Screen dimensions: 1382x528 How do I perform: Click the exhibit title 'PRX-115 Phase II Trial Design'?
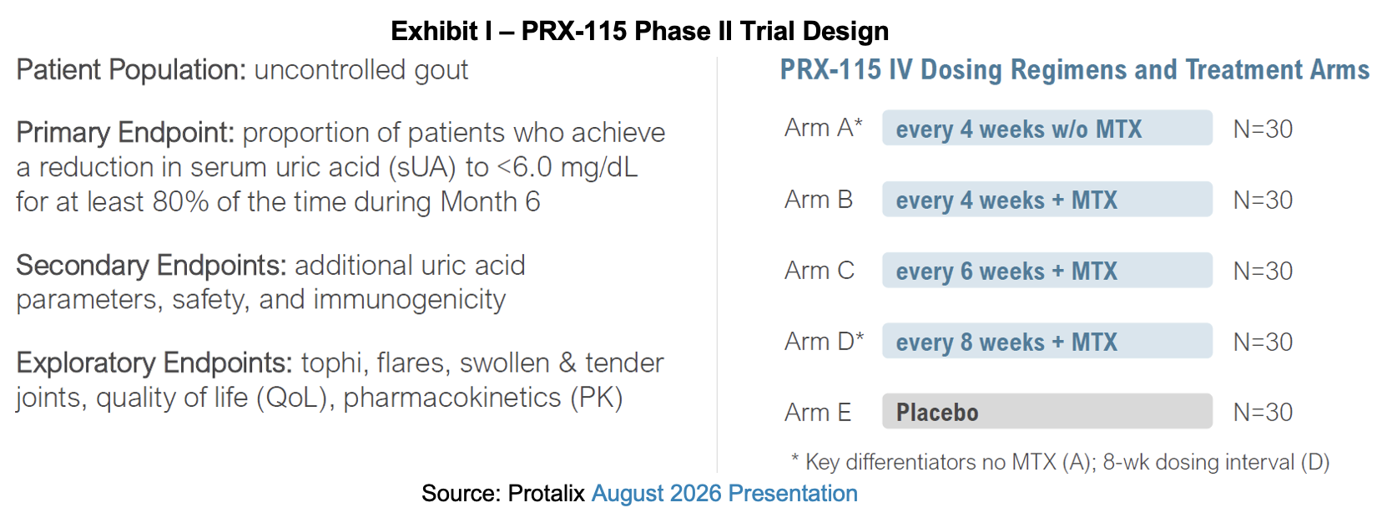pyautogui.click(x=705, y=31)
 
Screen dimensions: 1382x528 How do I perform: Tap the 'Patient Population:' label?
pyautogui.click(x=131, y=70)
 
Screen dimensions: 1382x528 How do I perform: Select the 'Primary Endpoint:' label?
pyautogui.click(x=125, y=133)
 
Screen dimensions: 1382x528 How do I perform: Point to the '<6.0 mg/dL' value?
pyautogui.click(x=567, y=167)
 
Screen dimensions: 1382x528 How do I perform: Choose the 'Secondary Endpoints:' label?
pyautogui.click(x=151, y=266)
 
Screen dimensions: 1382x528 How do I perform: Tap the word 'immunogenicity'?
pyautogui.click(x=410, y=300)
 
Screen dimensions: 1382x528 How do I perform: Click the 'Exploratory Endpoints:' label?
pyautogui.click(x=154, y=363)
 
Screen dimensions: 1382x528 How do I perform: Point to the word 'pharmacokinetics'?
pyautogui.click(x=452, y=398)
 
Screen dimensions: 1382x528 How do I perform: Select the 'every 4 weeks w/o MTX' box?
pyautogui.click(x=1047, y=128)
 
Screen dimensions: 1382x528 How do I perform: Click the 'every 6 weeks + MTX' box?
pyautogui.click(x=1047, y=270)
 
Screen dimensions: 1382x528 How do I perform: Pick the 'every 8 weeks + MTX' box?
pyautogui.click(x=1047, y=341)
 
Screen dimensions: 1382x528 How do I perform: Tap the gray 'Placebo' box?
pyautogui.click(x=1047, y=411)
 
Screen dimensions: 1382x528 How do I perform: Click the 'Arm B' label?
pyautogui.click(x=819, y=200)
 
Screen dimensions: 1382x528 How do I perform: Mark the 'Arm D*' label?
pyautogui.click(x=825, y=342)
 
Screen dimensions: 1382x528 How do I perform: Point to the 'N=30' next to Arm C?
pyautogui.click(x=1263, y=272)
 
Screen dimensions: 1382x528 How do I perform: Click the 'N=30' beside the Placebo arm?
pyautogui.click(x=1263, y=413)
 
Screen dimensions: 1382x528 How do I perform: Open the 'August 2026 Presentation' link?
pyautogui.click(x=724, y=494)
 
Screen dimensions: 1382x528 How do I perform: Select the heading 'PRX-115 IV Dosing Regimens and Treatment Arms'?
pyautogui.click(x=1074, y=70)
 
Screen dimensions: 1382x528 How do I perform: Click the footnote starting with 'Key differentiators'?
pyautogui.click(x=1060, y=462)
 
